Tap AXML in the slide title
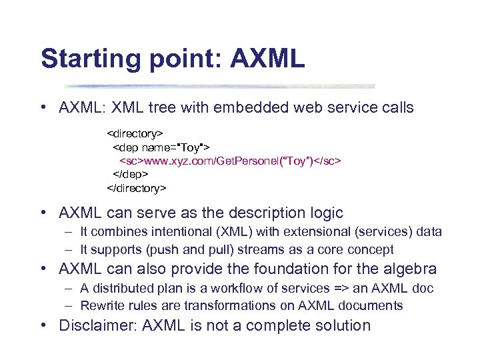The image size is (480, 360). (267, 58)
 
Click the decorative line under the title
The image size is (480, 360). (220, 86)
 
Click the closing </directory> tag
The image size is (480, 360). (137, 188)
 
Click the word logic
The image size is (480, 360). (323, 213)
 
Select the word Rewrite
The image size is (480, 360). (99, 305)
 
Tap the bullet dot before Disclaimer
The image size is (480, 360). (43, 326)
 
